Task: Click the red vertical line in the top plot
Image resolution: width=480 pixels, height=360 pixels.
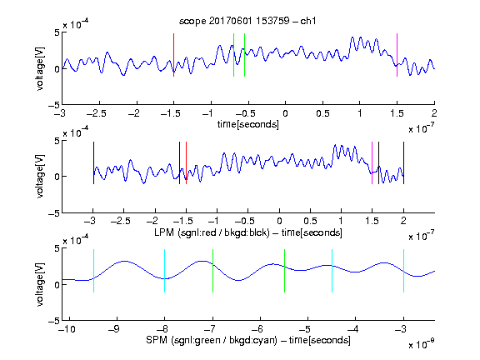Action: [x=173, y=55]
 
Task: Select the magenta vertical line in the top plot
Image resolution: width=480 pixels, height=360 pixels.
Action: [x=397, y=55]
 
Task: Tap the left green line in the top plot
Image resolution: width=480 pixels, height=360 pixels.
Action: [x=233, y=55]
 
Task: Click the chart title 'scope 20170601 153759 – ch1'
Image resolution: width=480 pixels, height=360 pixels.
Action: [x=247, y=21]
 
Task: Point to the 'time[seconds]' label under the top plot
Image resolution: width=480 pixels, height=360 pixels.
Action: [x=248, y=124]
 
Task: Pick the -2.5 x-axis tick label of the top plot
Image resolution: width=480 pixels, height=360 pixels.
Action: [x=97, y=113]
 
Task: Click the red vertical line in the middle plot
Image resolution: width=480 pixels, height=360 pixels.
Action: [x=186, y=162]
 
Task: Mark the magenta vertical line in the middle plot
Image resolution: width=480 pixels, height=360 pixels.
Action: [x=372, y=162]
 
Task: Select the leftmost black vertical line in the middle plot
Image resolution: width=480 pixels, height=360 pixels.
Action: [x=93, y=162]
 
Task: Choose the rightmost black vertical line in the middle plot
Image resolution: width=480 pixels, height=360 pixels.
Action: [x=403, y=162]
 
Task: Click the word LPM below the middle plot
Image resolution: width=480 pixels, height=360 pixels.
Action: [x=164, y=232]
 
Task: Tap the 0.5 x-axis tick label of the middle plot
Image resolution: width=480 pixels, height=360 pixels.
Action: [x=310, y=221]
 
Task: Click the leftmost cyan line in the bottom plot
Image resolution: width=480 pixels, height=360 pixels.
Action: [x=93, y=271]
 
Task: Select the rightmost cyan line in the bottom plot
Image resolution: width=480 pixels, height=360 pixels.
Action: [x=403, y=271]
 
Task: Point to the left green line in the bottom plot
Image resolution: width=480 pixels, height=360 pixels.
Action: [x=212, y=271]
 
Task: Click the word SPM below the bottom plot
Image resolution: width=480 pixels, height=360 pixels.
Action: [x=157, y=340]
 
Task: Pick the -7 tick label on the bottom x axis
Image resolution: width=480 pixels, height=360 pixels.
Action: [x=210, y=329]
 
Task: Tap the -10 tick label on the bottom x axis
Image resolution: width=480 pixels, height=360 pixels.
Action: [x=67, y=329]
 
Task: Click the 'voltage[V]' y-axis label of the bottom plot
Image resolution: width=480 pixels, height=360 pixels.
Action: [x=40, y=284]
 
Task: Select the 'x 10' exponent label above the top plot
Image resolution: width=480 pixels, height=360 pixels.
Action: [x=76, y=24]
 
